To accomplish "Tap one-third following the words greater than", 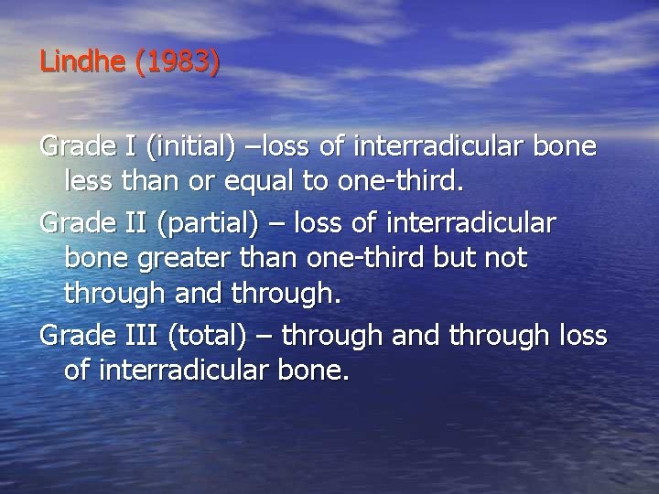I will coord(365,259).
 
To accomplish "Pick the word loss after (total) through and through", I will coord(580,336).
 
